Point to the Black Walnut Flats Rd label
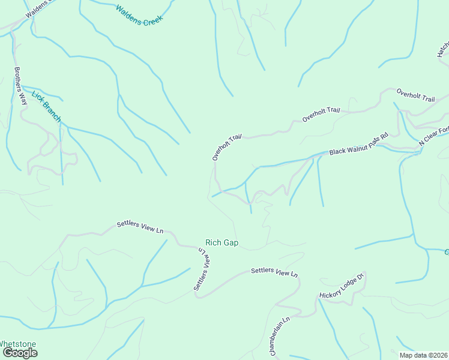(359, 144)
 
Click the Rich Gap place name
(222, 243)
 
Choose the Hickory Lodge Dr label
(342, 286)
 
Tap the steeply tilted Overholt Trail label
(226, 147)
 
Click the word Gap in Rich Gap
(232, 243)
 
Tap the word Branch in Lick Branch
(51, 112)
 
